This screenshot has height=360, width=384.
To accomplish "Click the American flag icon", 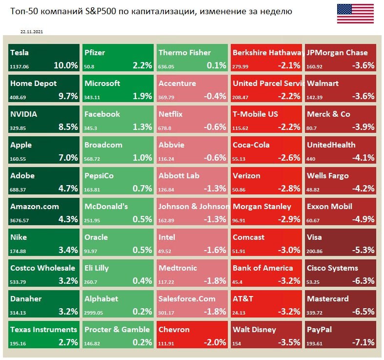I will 355,13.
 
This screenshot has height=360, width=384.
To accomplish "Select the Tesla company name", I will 20,53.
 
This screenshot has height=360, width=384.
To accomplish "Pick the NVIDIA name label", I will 24,114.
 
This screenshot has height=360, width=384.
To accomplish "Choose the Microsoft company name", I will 102,84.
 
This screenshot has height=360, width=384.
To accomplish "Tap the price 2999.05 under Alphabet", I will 95,312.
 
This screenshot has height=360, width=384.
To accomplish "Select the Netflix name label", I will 171,114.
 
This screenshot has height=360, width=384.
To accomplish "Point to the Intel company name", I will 167,237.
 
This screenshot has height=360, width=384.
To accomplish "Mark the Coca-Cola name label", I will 251,145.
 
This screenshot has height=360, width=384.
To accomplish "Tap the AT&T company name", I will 243,299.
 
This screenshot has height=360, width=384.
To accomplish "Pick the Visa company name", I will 315,237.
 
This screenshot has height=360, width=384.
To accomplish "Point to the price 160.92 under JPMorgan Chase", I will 315,66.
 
